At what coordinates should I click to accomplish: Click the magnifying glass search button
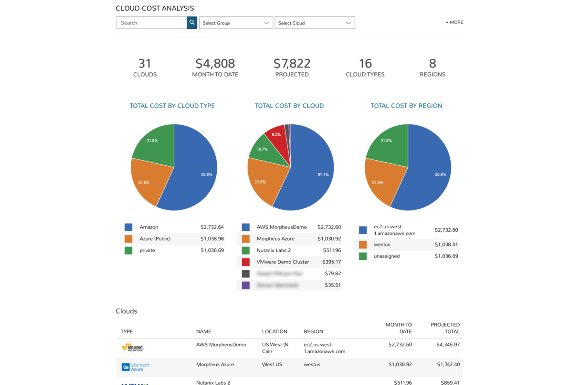[x=192, y=23]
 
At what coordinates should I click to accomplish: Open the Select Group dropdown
[x=236, y=23]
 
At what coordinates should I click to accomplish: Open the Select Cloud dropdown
[x=314, y=23]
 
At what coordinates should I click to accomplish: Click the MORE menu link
[x=454, y=22]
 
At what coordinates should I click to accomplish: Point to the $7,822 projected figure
[x=292, y=64]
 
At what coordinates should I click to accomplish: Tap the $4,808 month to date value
[x=215, y=64]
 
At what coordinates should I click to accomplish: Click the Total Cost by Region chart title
[x=406, y=106]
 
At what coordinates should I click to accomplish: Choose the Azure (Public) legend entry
[x=155, y=239]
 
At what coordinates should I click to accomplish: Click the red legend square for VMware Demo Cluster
[x=246, y=262]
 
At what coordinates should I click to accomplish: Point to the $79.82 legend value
[x=332, y=274]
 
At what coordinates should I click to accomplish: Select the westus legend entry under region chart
[x=382, y=245]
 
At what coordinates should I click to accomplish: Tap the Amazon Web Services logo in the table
[x=132, y=347]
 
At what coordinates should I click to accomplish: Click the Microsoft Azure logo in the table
[x=136, y=367]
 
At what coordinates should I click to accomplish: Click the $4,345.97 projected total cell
[x=448, y=345]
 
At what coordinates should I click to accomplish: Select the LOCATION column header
[x=274, y=332]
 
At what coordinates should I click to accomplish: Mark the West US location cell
[x=272, y=365]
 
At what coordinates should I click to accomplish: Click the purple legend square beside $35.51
[x=246, y=285]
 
